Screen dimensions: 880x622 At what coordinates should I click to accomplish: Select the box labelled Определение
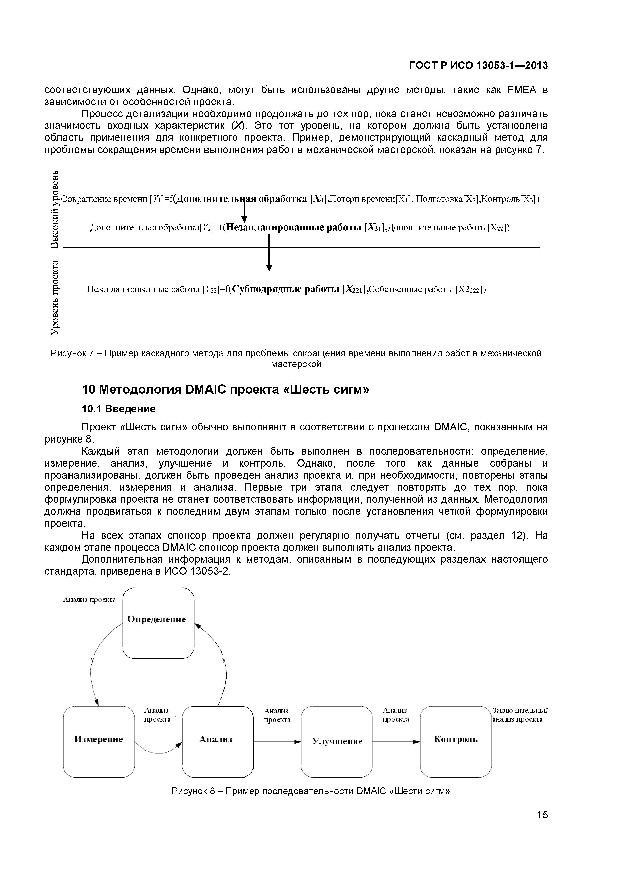(x=158, y=624)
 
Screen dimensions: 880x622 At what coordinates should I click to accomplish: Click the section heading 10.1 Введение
(x=118, y=409)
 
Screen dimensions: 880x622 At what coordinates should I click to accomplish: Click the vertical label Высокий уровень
(x=55, y=209)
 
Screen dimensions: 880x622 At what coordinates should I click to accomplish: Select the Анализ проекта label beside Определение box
(x=89, y=600)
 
